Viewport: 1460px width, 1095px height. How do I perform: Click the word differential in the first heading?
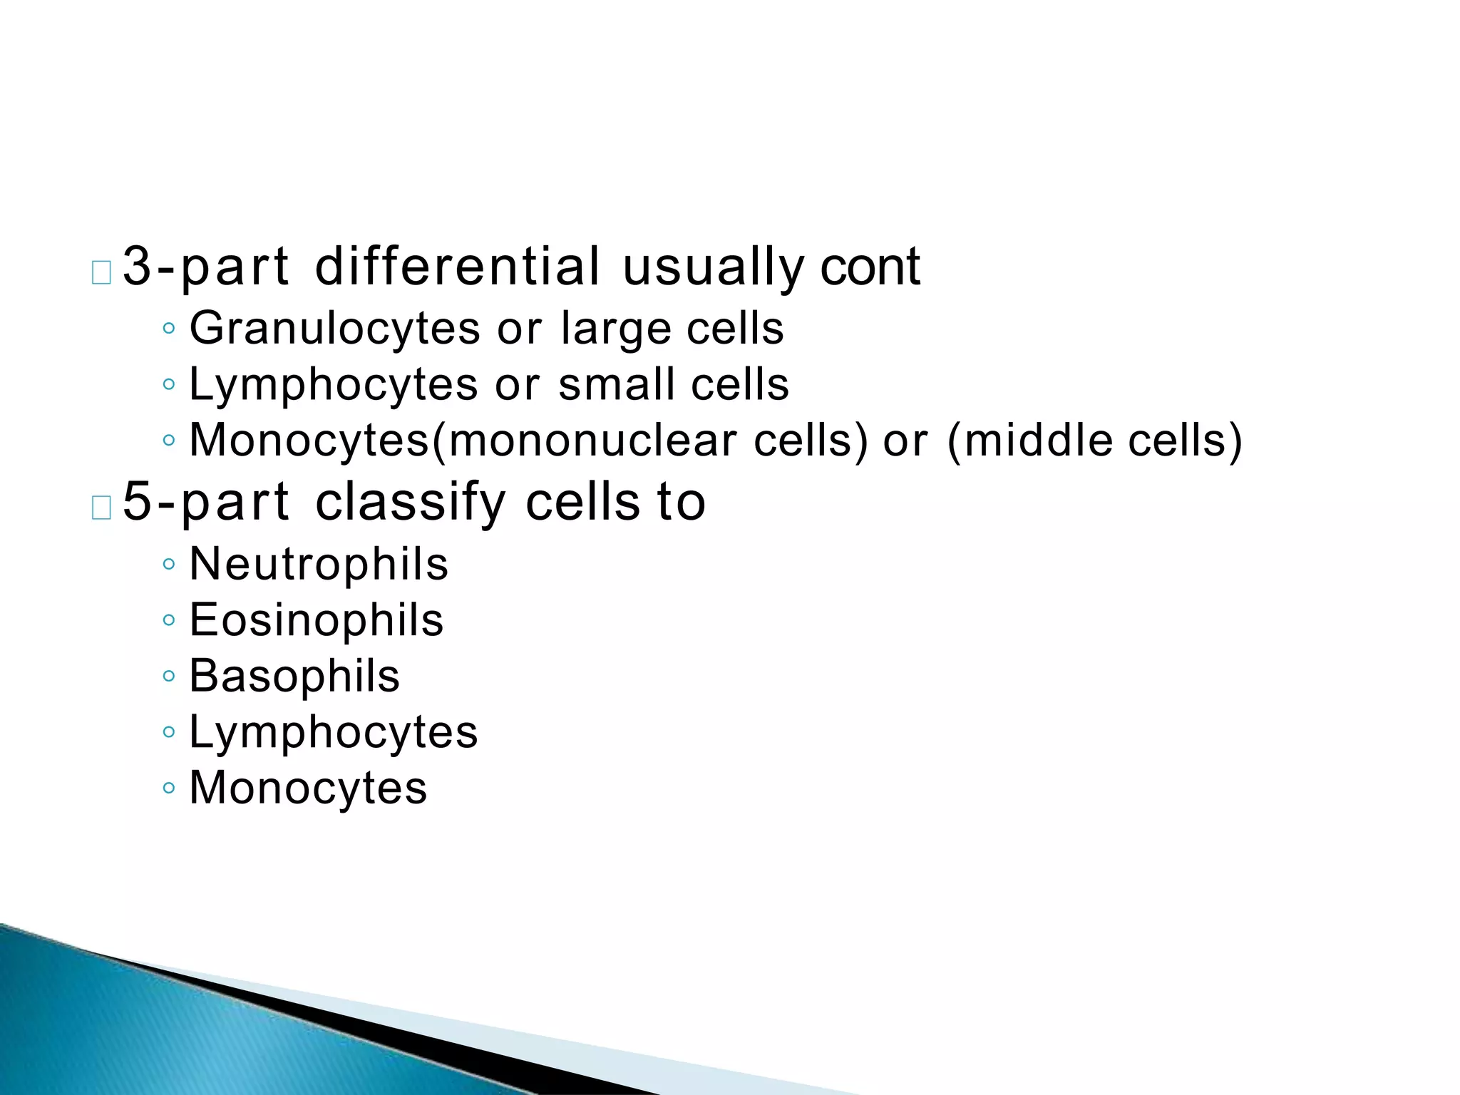[x=458, y=267]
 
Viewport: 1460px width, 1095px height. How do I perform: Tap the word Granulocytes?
[x=334, y=329]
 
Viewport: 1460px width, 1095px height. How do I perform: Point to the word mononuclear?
[x=592, y=441]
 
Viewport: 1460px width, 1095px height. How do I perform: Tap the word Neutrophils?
[x=319, y=565]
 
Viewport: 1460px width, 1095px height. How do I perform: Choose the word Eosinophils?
[x=316, y=620]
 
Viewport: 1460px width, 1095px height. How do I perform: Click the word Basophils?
[x=294, y=676]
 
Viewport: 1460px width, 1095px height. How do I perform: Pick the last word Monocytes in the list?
[x=308, y=788]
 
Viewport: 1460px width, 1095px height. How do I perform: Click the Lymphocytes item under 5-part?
[x=333, y=733]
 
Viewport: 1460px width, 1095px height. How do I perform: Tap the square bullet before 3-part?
[x=101, y=273]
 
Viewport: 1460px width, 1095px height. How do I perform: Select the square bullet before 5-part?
[x=101, y=508]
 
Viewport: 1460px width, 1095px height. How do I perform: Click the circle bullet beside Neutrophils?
[x=168, y=565]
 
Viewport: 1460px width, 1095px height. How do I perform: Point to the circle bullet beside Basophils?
[x=168, y=676]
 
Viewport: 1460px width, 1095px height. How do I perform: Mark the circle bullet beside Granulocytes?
[x=168, y=329]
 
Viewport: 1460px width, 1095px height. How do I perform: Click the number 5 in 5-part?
[x=138, y=502]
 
